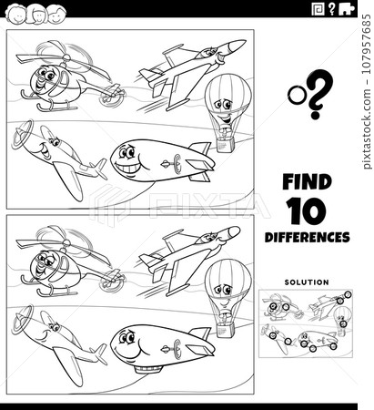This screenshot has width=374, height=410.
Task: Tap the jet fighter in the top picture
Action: (x=191, y=67)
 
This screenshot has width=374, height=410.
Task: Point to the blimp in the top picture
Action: (x=159, y=161)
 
